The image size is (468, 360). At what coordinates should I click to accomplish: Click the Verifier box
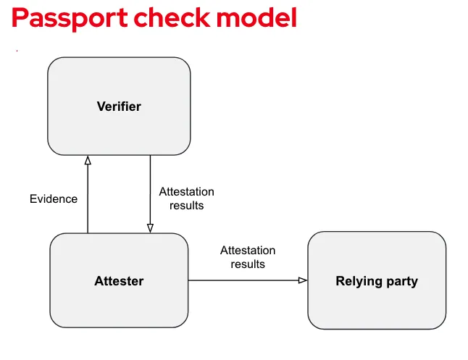coord(119,106)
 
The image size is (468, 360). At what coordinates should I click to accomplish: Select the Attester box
coord(119,281)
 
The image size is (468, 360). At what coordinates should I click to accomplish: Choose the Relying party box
coord(377,281)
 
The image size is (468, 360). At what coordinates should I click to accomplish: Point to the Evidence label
coord(54,198)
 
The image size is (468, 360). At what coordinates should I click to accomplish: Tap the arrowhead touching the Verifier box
coord(88,160)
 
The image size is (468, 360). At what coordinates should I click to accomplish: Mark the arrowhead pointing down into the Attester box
coord(150,227)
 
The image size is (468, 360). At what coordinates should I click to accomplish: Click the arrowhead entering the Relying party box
coord(303,280)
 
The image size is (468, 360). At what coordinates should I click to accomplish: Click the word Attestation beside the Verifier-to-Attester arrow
coord(187,192)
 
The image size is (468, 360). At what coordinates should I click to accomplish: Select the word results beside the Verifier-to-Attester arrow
coord(187,205)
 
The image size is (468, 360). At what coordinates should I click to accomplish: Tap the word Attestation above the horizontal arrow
coord(248,251)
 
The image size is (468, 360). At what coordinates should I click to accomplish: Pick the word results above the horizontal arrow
coord(248,264)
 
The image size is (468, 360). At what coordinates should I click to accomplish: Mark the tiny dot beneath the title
coord(16,51)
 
